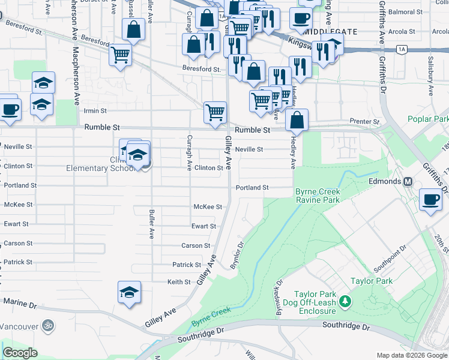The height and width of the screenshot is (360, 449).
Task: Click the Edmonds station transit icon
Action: pos(408,181)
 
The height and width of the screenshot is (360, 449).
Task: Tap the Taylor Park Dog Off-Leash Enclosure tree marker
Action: pos(345,301)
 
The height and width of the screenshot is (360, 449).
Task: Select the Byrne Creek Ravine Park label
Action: pos(318,196)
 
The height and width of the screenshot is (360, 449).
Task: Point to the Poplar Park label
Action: pos(427,119)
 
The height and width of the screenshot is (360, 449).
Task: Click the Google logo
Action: pos(20,352)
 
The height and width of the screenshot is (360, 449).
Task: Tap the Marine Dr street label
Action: pos(20,305)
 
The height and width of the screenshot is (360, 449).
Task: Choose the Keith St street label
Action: pos(179,281)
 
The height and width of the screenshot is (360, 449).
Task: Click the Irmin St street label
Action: pos(95,111)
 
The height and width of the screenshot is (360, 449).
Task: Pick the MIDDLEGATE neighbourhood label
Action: pos(331,31)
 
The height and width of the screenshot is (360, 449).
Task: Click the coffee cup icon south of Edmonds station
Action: pos(430,200)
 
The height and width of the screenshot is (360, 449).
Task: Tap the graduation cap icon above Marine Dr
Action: pos(129,293)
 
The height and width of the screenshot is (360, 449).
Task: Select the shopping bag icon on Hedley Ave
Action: pos(297,120)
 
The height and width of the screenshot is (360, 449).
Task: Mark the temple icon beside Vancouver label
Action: pos(48,326)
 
